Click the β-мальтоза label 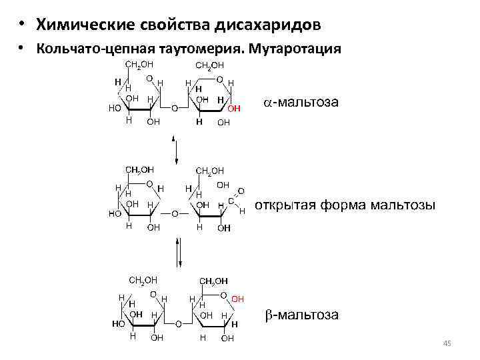299,313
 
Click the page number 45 447,343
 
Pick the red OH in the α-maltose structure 234,108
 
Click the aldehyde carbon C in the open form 231,200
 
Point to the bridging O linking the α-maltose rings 174,107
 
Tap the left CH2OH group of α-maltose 140,65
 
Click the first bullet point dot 23,25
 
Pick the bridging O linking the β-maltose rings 178,323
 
